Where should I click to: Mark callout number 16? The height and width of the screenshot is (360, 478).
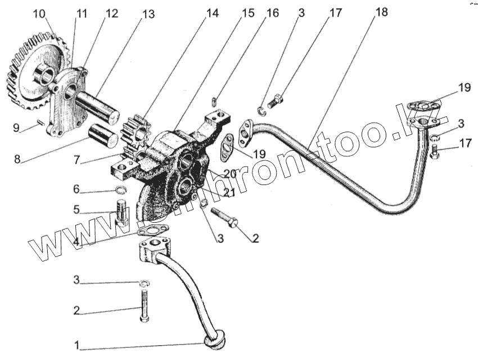272,13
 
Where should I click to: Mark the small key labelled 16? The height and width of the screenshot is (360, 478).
214,101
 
